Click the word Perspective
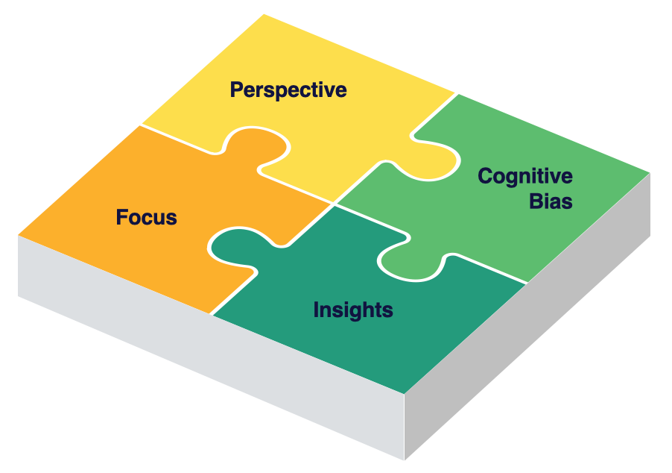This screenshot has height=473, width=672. pos(288,90)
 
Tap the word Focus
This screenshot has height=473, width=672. pos(147,218)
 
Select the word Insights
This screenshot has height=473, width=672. pos(353,310)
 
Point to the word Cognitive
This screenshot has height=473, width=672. pos(525,178)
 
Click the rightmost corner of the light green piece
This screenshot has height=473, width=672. pos(650,172)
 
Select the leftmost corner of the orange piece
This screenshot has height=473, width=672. pos(19,235)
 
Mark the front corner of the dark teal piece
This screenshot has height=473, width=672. pos(405,392)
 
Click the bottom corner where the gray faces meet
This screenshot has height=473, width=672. pos(405,459)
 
